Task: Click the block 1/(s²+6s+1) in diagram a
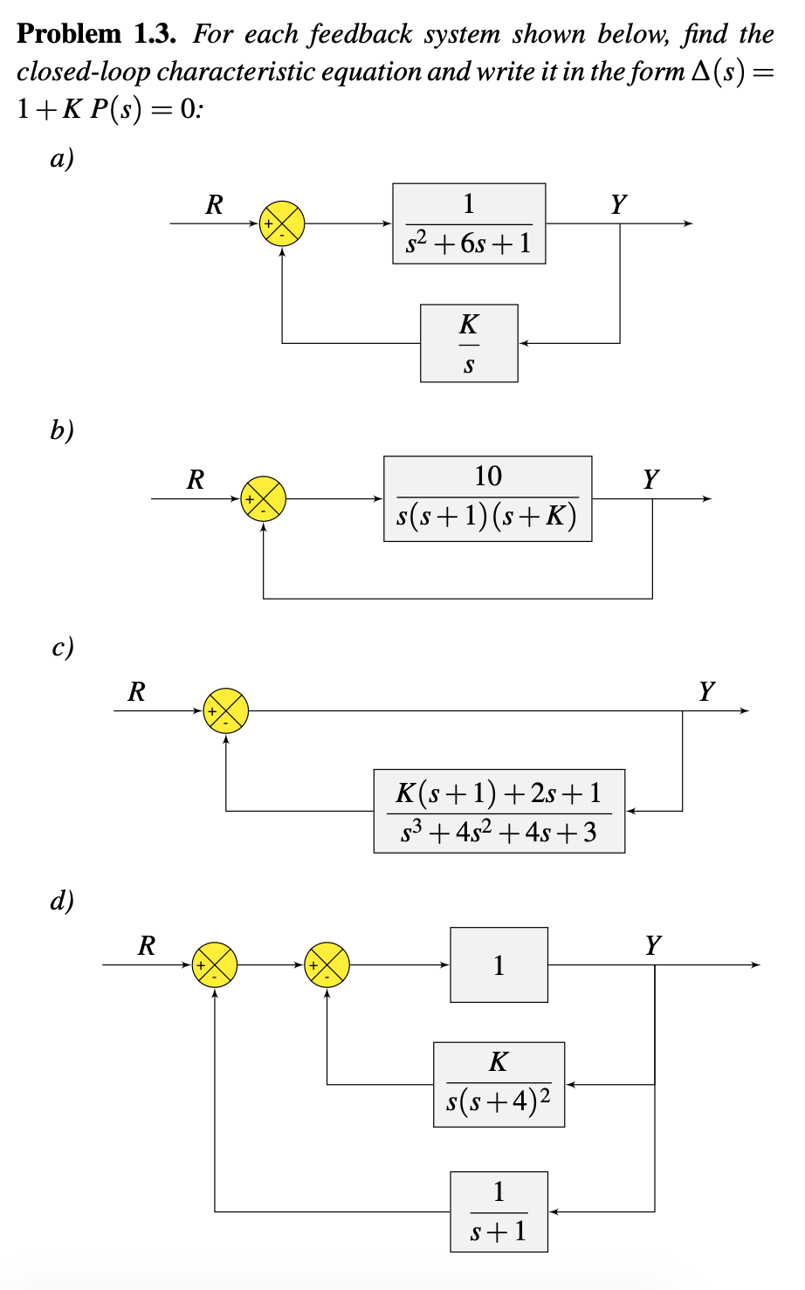point(469,224)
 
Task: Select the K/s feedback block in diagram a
point(469,343)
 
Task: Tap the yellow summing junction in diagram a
point(282,224)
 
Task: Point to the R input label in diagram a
point(214,205)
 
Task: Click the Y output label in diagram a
point(618,205)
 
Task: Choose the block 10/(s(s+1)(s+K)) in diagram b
point(487,498)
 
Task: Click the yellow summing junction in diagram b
point(264,498)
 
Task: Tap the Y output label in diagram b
point(651,479)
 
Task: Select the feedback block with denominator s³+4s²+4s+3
point(499,811)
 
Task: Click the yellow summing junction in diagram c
point(226,710)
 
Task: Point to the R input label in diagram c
point(137,692)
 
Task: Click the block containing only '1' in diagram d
point(499,964)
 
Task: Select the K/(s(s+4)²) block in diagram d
point(499,1084)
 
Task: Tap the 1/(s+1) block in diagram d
point(499,1211)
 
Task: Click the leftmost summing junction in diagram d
point(215,964)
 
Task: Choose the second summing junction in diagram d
point(327,964)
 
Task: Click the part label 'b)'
point(62,430)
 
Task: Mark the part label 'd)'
point(62,900)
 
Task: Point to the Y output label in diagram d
point(653,945)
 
